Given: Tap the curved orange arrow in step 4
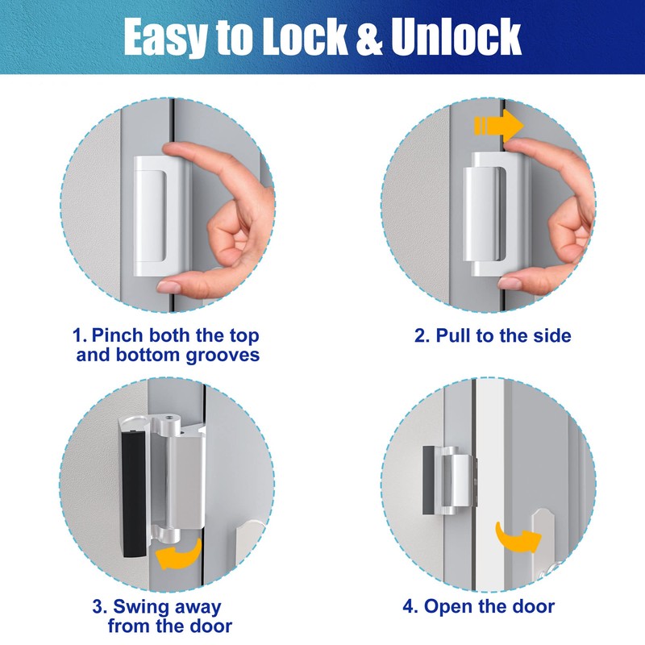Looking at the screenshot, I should pos(515,539).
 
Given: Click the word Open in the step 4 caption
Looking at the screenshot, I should pos(446,606).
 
